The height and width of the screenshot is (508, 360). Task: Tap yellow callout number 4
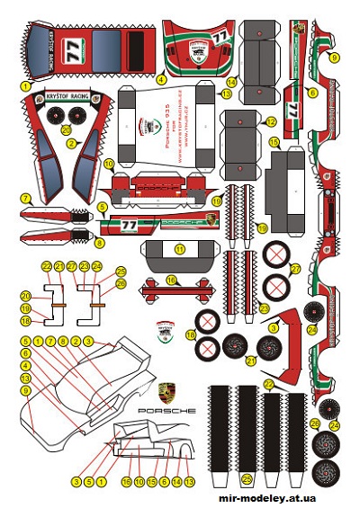point(162,78)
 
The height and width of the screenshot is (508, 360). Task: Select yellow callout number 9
point(334,58)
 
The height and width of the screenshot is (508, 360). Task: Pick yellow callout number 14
point(231,84)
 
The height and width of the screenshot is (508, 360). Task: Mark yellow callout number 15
point(274,142)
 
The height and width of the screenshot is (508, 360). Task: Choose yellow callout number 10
point(108,164)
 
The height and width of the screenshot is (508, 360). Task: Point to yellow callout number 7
point(26,198)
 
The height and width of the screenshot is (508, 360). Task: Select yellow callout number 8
point(100,243)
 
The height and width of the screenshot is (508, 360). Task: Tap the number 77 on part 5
point(130,225)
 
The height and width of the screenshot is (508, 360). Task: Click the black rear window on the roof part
point(136,45)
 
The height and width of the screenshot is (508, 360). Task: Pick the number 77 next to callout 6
point(293,109)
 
